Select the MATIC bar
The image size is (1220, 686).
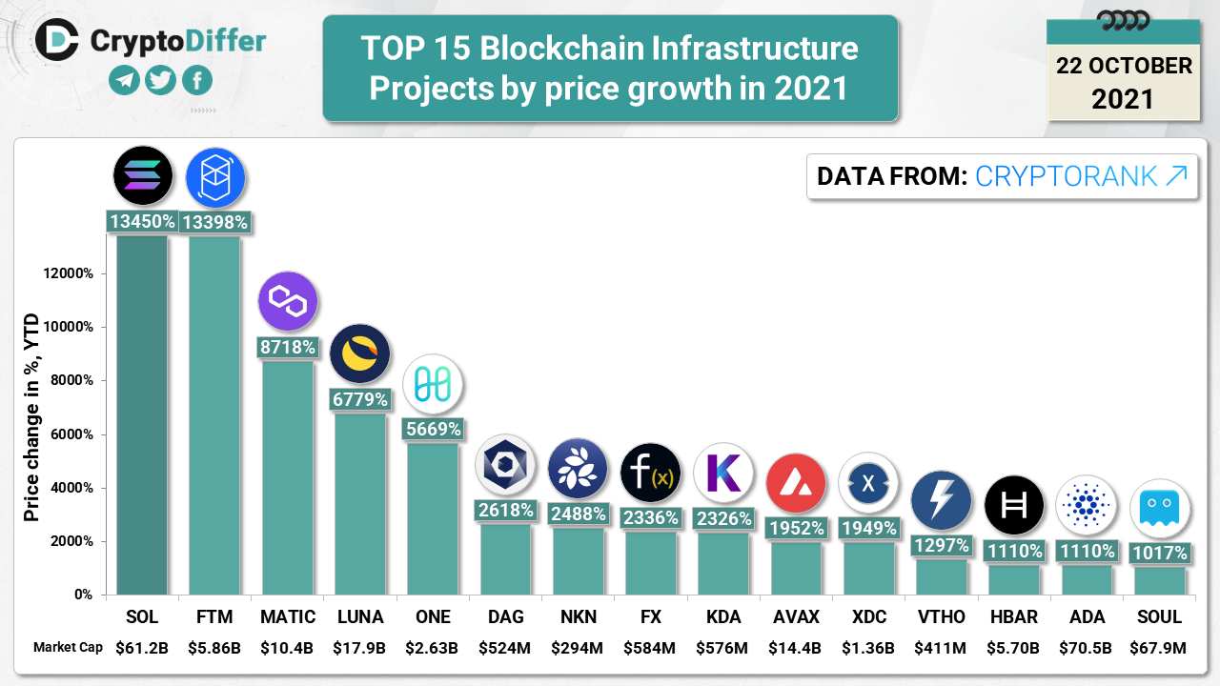287,476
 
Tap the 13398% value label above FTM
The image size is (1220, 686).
215,223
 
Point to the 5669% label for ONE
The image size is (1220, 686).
433,430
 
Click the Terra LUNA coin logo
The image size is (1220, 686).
359,354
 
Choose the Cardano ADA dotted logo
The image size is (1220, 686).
1086,505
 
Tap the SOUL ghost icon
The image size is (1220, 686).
1159,508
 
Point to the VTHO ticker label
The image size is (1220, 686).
941,617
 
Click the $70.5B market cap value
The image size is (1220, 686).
1086,648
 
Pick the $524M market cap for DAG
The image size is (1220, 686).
504,648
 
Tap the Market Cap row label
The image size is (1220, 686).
68,648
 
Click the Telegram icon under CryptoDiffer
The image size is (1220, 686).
125,81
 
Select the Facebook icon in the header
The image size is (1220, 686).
197,81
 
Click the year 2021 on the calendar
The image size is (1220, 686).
1123,99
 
